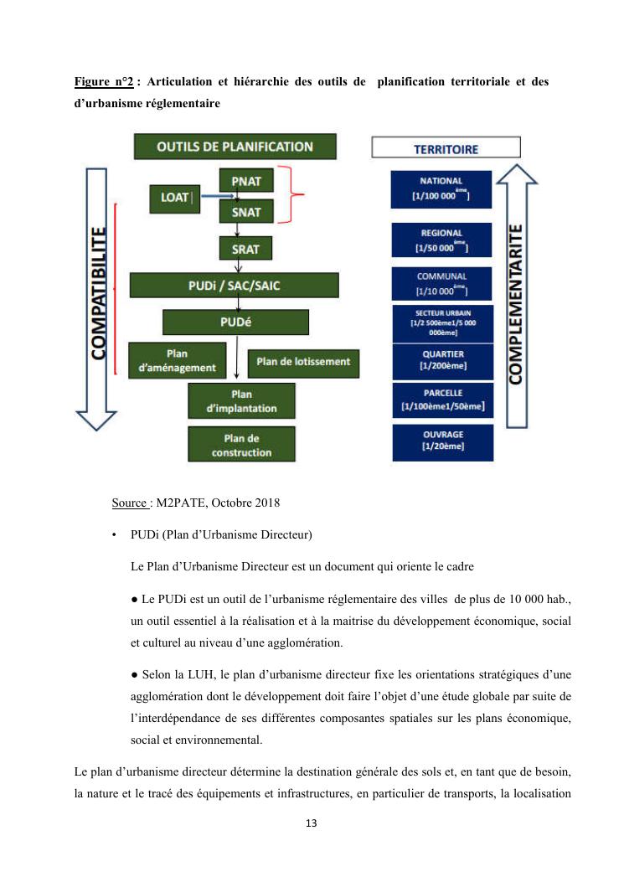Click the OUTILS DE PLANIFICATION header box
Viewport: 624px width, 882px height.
point(235,147)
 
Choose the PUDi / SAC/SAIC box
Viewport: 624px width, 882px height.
point(235,286)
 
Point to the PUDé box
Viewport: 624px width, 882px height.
point(235,322)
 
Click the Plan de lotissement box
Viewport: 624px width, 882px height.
point(303,362)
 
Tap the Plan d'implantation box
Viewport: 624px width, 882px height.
point(241,401)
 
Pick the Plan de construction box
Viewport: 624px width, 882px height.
point(241,445)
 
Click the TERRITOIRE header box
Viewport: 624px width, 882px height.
point(446,149)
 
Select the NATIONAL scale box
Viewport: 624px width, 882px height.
point(441,188)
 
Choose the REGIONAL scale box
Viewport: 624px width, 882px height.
point(441,240)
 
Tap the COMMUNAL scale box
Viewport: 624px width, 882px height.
point(441,283)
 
